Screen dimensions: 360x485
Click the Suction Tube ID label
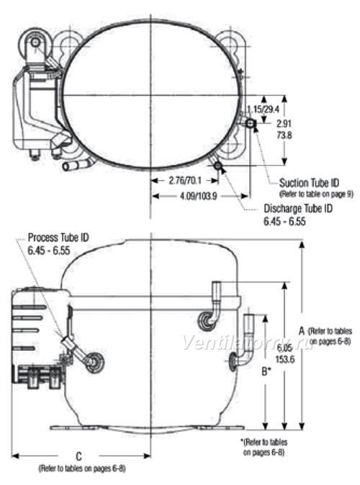click(309, 183)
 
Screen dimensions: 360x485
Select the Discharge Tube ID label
click(298, 208)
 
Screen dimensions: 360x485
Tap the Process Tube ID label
click(58, 238)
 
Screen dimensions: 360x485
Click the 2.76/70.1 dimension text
click(185, 180)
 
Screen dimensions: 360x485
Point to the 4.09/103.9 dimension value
click(199, 196)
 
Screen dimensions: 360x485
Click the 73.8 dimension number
click(284, 135)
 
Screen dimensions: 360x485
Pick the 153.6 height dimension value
click(285, 359)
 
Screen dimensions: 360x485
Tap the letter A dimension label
click(302, 331)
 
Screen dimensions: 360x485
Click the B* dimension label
click(266, 371)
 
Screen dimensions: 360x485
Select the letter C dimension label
click(78, 456)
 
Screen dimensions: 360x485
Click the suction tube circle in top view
click(250, 124)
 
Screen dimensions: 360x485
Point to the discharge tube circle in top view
click(218, 166)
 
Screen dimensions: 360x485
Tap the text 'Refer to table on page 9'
click(316, 195)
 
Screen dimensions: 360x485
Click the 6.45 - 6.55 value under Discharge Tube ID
click(284, 221)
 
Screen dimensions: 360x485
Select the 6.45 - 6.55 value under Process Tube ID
click(49, 250)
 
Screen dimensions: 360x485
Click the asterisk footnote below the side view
click(264, 448)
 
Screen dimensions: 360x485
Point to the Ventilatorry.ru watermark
click(247, 343)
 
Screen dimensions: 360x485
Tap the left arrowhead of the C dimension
click(15, 456)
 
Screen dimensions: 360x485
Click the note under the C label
click(82, 468)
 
